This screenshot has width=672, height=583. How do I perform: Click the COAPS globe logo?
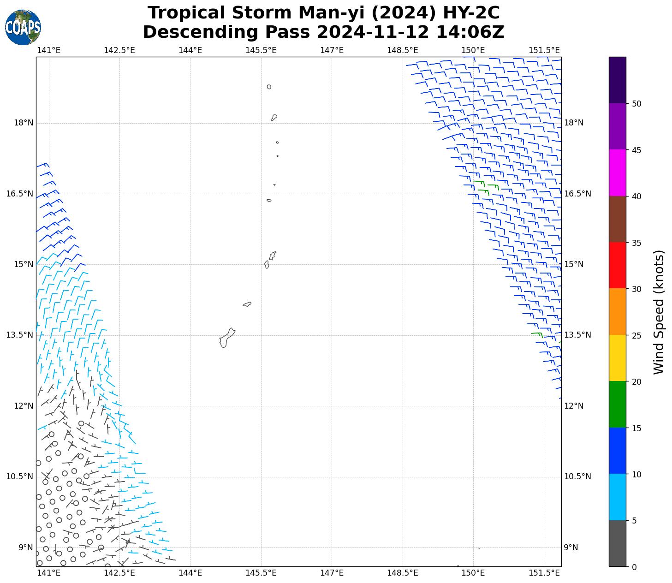23,28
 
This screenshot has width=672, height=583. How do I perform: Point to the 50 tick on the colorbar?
636,104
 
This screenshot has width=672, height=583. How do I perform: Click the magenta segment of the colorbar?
618,173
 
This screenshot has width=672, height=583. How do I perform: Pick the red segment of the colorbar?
618,265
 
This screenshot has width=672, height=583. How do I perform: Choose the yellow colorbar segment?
618,358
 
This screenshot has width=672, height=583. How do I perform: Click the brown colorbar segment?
618,219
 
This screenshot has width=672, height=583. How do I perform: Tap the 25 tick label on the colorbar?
636,335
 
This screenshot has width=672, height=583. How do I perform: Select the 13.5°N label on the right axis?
577,335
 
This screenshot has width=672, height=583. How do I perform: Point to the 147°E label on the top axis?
332,50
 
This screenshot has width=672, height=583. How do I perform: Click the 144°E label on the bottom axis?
190,573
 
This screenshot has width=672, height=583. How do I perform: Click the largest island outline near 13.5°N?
227,338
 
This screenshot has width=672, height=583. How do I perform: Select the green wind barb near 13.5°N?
536,333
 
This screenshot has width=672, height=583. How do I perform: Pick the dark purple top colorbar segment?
618,80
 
